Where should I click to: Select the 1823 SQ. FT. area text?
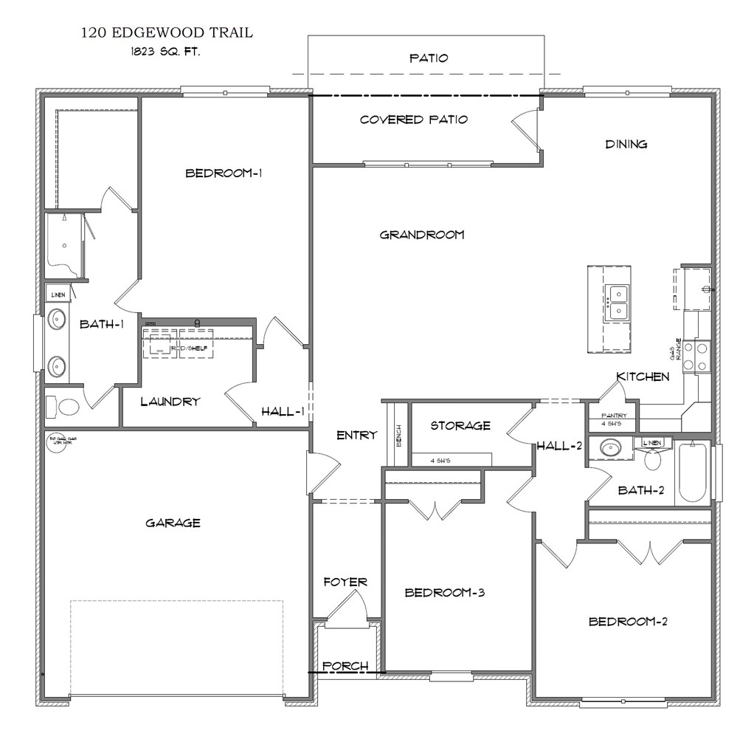tap(165, 53)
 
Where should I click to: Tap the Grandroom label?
tap(421, 235)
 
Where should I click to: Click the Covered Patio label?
tap(413, 120)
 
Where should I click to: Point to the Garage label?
tap(173, 523)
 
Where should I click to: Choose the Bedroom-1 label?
tap(224, 173)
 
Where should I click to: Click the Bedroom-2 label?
tap(627, 622)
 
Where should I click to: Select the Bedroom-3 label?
tap(444, 593)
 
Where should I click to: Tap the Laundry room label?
tap(170, 402)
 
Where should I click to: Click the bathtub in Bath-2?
tap(694, 472)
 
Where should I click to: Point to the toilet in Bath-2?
tap(652, 459)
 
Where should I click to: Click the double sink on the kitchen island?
tap(616, 303)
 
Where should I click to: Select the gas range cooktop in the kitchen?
tap(696, 356)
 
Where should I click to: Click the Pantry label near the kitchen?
tap(614, 416)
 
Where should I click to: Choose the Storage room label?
tap(460, 426)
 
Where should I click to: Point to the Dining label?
tap(626, 145)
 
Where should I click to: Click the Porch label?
tap(345, 666)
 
